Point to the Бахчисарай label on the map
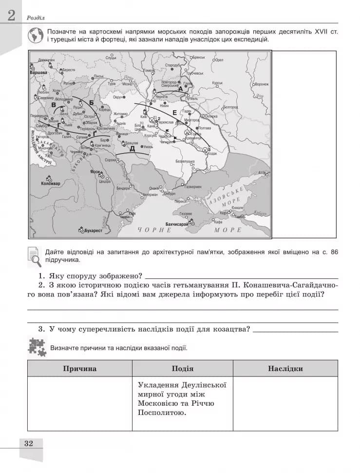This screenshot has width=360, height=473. (x=177, y=224)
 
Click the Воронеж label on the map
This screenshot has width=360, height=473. (x=261, y=84)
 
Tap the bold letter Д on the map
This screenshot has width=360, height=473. (x=132, y=149)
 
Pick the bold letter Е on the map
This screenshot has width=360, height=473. (x=174, y=113)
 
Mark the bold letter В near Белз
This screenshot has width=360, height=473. (x=54, y=105)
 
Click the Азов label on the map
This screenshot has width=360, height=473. (x=262, y=173)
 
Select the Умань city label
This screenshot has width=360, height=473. (x=148, y=146)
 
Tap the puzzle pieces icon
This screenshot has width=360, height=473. (x=37, y=347)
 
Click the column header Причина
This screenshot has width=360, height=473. (x=79, y=369)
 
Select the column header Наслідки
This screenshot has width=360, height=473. (x=285, y=369)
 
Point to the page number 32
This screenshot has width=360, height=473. (x=28, y=443)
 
